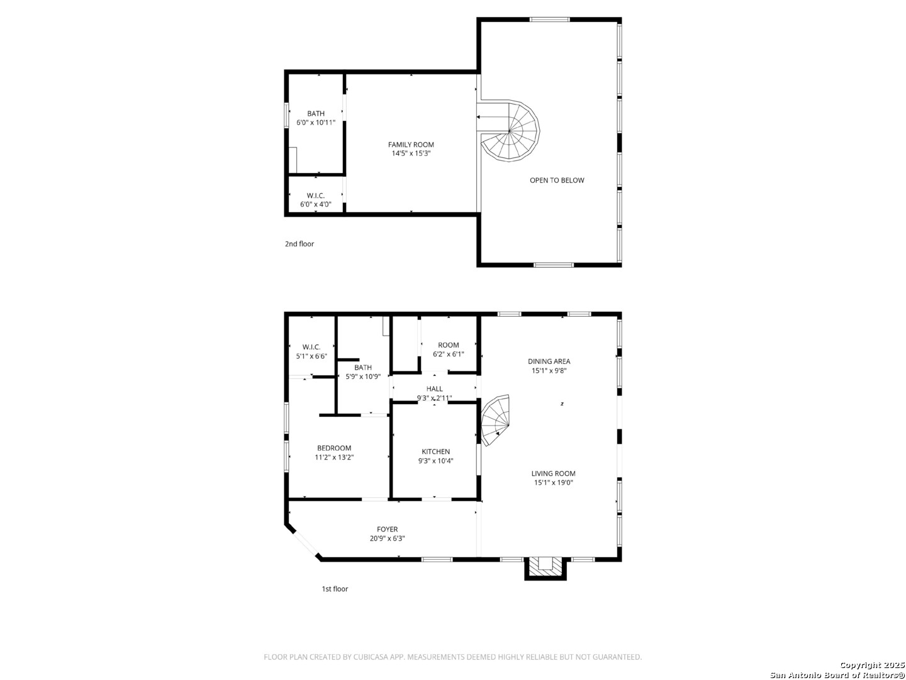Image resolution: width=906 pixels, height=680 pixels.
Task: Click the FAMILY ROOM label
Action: [x=410, y=145]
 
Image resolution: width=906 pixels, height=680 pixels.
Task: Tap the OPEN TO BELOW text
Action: [x=556, y=180]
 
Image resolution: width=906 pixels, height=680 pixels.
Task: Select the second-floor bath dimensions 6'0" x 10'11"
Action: [x=316, y=123]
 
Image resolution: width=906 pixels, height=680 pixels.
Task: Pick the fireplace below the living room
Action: [x=545, y=568]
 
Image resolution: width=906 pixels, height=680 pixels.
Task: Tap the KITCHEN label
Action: [x=435, y=451]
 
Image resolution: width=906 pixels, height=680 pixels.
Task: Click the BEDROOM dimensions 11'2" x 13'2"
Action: [x=334, y=457]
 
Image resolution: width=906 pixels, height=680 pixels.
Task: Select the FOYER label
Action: [x=387, y=529]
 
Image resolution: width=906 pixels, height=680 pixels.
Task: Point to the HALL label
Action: [x=434, y=388]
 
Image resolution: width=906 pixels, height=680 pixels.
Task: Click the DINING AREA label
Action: [x=549, y=361]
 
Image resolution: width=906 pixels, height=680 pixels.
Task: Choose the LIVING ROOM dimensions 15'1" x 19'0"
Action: [x=553, y=482]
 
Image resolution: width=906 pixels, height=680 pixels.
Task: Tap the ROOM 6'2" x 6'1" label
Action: [x=448, y=349]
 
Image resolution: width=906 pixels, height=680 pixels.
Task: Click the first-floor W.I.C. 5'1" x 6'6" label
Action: [x=311, y=351]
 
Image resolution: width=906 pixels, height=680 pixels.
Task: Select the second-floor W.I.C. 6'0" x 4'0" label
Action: [x=315, y=200]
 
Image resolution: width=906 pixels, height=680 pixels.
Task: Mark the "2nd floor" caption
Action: [x=299, y=244]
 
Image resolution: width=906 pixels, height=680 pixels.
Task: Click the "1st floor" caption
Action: [x=334, y=589]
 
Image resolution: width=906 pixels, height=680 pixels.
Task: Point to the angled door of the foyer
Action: [x=305, y=543]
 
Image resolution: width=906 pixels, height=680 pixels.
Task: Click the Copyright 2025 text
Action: [x=872, y=665]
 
